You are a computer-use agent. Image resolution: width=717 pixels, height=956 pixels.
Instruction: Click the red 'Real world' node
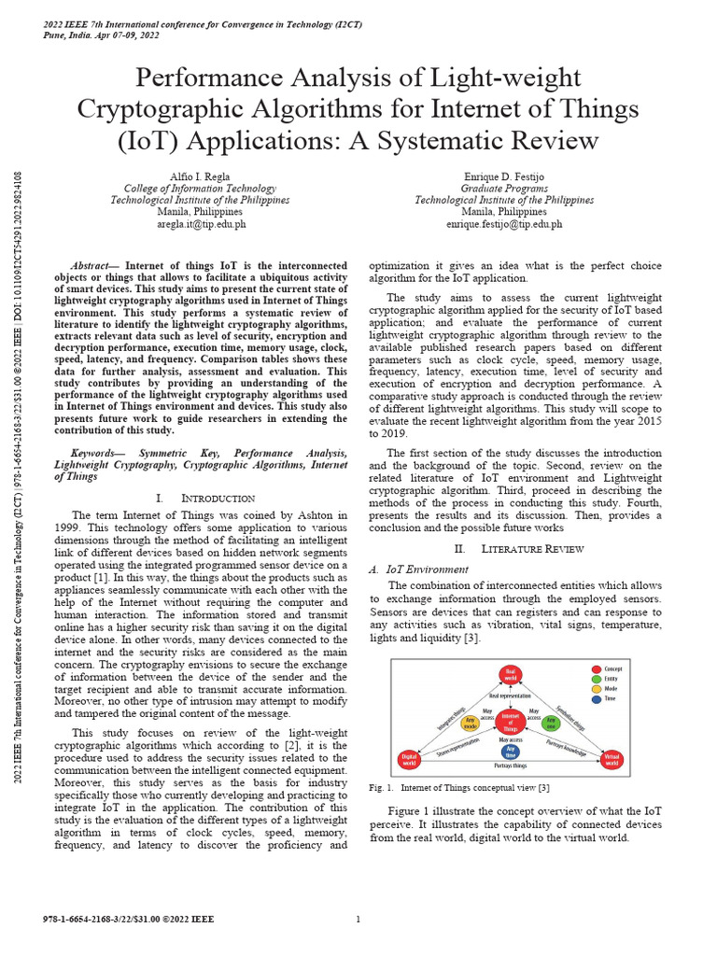point(510,673)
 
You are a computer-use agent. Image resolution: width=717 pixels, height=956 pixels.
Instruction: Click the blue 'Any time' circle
point(510,751)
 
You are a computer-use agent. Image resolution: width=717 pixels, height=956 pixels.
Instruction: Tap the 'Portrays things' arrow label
point(510,766)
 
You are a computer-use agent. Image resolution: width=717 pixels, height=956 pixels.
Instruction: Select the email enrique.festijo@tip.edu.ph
point(504,224)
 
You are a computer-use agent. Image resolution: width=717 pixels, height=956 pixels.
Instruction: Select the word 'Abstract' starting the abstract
point(94,265)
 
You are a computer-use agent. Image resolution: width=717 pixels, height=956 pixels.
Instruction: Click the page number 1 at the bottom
point(358,920)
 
